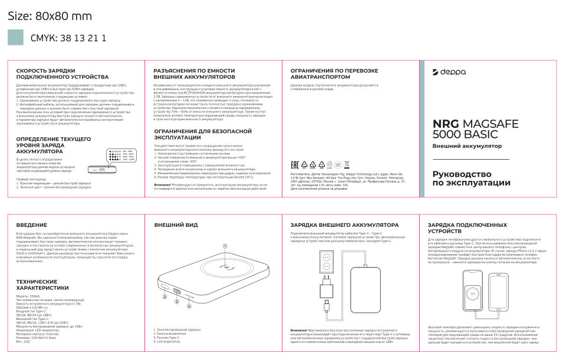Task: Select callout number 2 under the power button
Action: (x=165, y=297)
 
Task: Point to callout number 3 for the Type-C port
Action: (x=176, y=301)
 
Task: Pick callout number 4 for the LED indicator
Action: (x=189, y=306)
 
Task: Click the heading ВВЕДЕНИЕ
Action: (x=32, y=225)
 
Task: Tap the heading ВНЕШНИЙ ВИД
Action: (x=176, y=225)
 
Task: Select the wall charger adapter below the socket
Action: (x=326, y=289)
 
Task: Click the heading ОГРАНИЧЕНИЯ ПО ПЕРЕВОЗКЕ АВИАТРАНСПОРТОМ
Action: (x=334, y=74)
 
